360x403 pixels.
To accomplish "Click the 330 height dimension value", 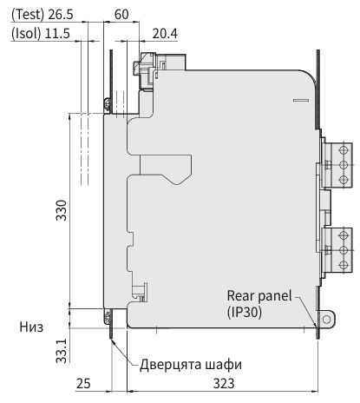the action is tap(62, 210).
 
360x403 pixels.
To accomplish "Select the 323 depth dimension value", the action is tap(224, 384).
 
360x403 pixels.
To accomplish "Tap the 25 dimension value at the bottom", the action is tap(83, 384).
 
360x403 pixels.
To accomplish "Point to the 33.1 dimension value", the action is tap(62, 351).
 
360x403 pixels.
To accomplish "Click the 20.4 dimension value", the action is tap(165, 34).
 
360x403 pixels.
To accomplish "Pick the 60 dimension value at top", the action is tap(121, 15).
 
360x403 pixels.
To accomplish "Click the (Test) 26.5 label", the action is tap(43, 15).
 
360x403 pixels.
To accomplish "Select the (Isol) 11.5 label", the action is tap(41, 34).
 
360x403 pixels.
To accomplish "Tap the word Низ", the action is tap(31, 327).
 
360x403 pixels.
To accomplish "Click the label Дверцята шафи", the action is tap(191, 365).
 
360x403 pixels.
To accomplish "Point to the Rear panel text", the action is tap(259, 296).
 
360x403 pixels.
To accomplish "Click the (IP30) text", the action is tap(245, 312).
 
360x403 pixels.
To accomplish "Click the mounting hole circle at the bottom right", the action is tap(326, 320).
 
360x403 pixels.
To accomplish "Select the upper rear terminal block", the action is tap(337, 165).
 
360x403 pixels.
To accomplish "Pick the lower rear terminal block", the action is tap(337, 250).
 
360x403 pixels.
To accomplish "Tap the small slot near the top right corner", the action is tap(301, 100).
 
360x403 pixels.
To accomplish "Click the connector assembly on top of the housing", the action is tap(159, 71).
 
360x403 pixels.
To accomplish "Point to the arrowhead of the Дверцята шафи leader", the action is tap(113, 342).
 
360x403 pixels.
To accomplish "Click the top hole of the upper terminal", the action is tap(344, 150).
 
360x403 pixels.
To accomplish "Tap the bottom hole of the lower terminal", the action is tap(344, 265).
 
